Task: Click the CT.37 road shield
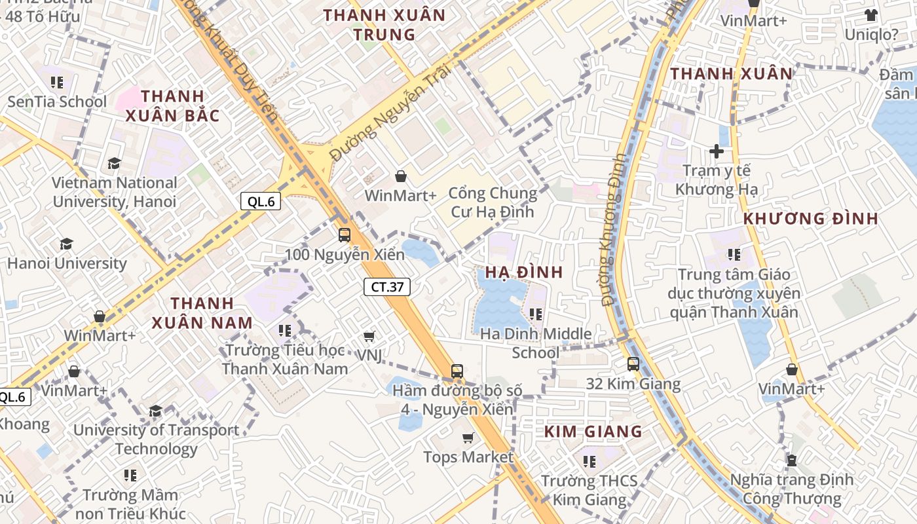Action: point(387,286)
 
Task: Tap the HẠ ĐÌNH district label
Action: point(523,272)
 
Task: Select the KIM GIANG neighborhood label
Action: point(593,432)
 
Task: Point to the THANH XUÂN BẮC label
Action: point(172,106)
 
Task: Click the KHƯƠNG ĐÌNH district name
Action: point(811,219)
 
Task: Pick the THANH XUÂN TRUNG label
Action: point(384,25)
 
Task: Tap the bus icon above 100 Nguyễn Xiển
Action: point(345,235)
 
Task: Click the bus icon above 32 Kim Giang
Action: point(633,364)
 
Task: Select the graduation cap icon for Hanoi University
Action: point(66,245)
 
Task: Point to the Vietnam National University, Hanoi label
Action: point(115,192)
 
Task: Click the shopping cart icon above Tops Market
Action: point(468,438)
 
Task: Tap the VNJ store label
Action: point(369,354)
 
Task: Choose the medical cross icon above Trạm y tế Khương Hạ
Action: point(717,151)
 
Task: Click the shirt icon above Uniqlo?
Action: point(870,15)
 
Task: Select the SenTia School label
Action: point(57,102)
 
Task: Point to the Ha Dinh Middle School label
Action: point(536,343)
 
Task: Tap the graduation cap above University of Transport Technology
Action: point(155,411)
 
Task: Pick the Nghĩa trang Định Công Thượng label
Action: point(792,489)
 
